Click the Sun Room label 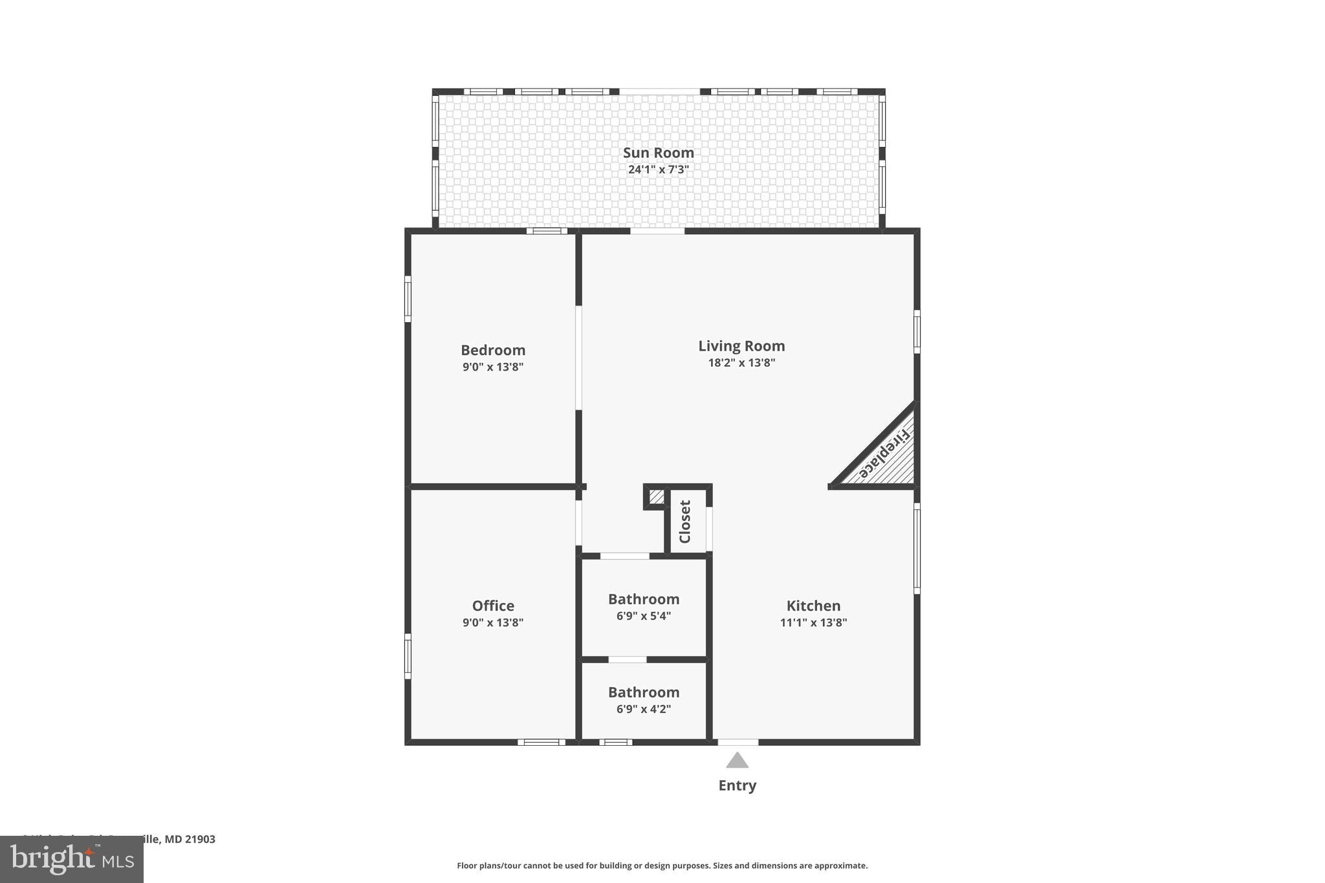tap(658, 153)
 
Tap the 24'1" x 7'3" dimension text tap(658, 169)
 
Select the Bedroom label tap(493, 350)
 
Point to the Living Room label tap(741, 346)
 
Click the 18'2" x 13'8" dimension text tap(741, 363)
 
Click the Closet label tap(685, 521)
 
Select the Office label tap(493, 605)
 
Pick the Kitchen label tap(813, 605)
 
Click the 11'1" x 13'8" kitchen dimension tap(813, 622)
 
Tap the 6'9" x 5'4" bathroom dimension tap(644, 616)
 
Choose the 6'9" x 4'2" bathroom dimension tap(644, 709)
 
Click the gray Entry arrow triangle tap(737, 761)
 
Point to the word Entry tap(737, 785)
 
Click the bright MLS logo tap(72, 860)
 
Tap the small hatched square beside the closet tap(656, 497)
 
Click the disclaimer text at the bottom tap(662, 866)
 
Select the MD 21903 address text tap(190, 839)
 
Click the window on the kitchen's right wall tap(917, 549)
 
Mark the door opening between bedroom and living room tap(578, 358)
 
